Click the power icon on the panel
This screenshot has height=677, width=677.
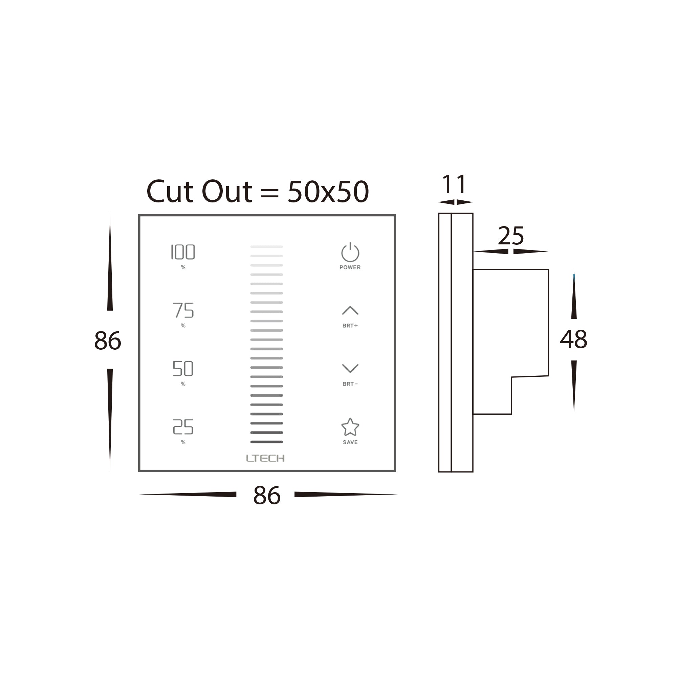pos(350,252)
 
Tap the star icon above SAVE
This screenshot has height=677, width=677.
pos(350,427)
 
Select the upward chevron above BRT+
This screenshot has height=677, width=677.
pos(350,310)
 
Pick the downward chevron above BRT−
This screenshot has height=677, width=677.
pos(350,368)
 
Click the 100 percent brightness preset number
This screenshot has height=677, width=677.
pos(183,252)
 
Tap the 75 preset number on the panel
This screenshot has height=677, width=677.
pos(183,310)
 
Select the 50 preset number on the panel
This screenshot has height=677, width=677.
pos(183,368)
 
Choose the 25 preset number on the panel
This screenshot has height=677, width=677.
pos(183,427)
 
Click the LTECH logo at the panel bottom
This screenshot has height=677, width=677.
pos(265,458)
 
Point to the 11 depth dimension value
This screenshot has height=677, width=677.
pos(454,184)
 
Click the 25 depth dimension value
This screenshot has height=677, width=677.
pos(511,236)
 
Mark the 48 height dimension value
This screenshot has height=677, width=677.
pos(574,339)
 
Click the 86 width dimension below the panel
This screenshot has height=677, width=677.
pos(267,496)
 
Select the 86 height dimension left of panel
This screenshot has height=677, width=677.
pos(108,340)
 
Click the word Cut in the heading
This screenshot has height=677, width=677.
pos(170,191)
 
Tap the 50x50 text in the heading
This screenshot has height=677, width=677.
pos(328,191)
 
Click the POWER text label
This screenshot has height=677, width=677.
pos(350,267)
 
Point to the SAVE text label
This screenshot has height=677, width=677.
pos(350,442)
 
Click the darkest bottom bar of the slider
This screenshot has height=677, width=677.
pos(267,442)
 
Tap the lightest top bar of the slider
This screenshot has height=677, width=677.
pos(267,247)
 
